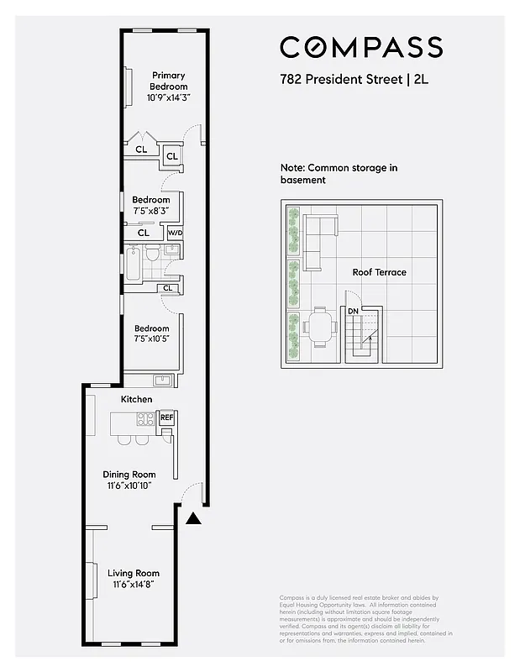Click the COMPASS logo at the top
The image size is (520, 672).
coord(361,47)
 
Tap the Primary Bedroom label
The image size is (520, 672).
coord(169,81)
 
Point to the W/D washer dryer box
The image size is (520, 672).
coord(175,233)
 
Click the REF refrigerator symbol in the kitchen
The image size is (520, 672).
coord(166,417)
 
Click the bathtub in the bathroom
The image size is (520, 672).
coord(134,261)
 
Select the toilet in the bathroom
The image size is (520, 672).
coord(153,254)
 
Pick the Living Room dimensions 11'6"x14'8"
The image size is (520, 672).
coord(134,584)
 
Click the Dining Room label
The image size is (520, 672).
coord(129,475)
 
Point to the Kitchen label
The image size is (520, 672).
coord(137,399)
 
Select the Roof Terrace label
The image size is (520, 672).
coord(379,272)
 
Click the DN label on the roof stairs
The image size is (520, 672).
coord(354,311)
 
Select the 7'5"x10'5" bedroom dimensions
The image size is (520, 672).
coord(151,339)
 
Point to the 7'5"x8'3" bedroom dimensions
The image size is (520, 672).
coord(150,211)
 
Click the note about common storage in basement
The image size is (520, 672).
coord(339,174)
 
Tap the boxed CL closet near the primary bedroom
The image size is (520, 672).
coord(171,156)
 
